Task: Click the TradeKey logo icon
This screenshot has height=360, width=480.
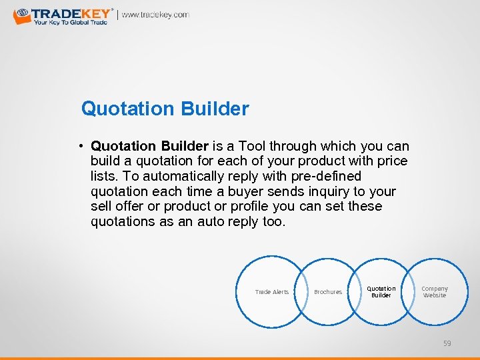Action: point(22,15)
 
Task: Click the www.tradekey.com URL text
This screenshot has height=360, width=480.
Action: point(155,15)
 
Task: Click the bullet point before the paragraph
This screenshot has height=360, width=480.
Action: point(79,146)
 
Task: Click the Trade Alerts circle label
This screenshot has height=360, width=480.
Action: point(272,292)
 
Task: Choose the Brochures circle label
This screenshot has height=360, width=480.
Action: point(328,292)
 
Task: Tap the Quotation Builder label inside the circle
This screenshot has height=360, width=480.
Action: point(381,292)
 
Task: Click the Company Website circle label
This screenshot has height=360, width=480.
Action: point(435,292)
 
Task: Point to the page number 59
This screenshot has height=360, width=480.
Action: point(447,343)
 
